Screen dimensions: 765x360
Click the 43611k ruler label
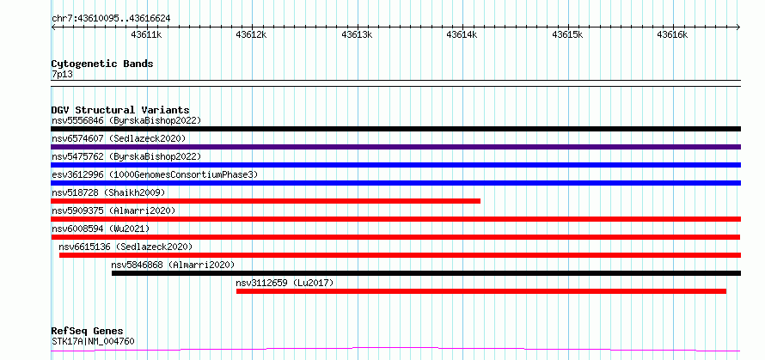click(x=147, y=34)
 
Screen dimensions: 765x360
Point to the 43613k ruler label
click(x=358, y=34)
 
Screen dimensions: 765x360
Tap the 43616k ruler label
click(x=673, y=34)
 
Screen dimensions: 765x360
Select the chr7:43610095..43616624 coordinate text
click(x=111, y=19)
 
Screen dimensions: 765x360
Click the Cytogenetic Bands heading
click(x=102, y=64)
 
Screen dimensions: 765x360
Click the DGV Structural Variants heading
click(x=120, y=110)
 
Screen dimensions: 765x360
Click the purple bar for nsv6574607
click(x=395, y=147)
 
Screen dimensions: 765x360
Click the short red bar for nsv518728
click(x=266, y=201)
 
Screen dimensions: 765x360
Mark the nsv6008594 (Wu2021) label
click(x=101, y=229)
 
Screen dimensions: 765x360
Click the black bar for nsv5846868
click(x=426, y=273)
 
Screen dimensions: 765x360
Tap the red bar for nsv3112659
click(x=481, y=291)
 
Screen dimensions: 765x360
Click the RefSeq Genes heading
click(x=88, y=332)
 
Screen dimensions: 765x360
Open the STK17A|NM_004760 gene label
click(x=93, y=341)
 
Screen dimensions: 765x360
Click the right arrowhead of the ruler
click(x=738, y=27)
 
